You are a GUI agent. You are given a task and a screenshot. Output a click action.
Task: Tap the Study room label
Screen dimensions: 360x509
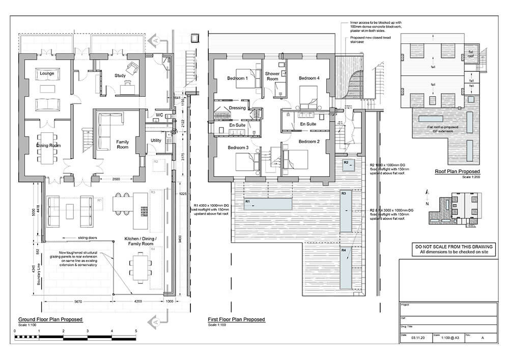tap(120, 76)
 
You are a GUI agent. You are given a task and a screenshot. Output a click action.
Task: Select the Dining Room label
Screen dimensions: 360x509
tap(48, 145)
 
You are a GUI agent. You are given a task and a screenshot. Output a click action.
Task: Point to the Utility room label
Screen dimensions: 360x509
tap(156, 140)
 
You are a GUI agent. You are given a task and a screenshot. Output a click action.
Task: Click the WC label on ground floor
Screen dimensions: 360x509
tap(159, 115)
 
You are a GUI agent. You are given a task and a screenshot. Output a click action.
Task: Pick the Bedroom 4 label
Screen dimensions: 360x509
tap(309, 78)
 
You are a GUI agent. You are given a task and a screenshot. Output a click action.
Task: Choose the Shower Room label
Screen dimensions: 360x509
tap(272, 76)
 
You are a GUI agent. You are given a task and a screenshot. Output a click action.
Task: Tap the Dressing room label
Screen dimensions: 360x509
tap(237, 108)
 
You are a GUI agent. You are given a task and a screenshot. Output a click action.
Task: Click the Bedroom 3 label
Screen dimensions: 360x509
tap(237, 148)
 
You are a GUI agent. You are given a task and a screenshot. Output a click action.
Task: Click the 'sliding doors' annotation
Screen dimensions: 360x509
tap(88, 238)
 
